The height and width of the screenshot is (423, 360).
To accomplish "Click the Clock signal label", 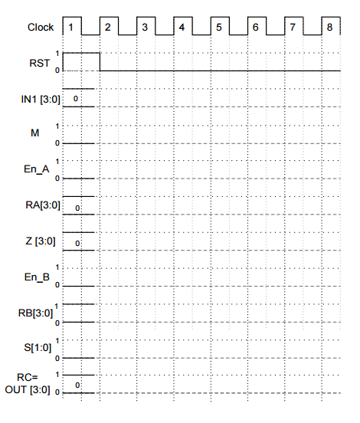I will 41,28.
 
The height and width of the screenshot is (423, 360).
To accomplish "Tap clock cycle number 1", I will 71,28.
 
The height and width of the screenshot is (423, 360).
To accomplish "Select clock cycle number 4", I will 182,28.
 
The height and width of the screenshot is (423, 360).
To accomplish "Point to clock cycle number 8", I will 329,28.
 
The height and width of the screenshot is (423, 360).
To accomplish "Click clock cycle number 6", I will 255,28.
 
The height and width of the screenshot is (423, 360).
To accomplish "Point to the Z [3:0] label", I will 38,241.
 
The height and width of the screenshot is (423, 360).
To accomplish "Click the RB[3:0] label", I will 35,313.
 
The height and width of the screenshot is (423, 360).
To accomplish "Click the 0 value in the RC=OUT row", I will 77,385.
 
